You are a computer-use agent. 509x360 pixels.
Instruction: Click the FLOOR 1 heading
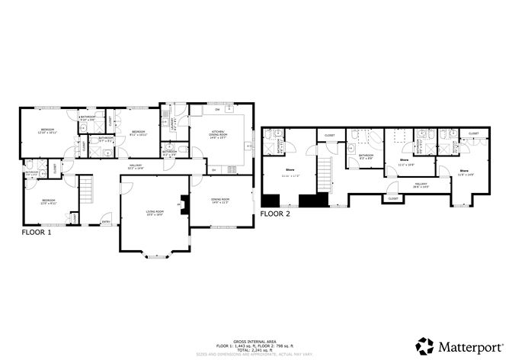click(37, 233)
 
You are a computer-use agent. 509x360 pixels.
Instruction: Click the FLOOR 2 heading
click(277, 214)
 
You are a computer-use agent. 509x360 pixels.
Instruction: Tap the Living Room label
click(155, 213)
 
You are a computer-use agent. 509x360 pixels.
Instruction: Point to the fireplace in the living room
click(182, 204)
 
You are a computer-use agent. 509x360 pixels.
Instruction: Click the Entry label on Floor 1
click(106, 222)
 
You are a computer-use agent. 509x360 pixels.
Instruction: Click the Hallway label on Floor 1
click(136, 166)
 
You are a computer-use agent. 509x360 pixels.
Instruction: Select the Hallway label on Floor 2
click(421, 185)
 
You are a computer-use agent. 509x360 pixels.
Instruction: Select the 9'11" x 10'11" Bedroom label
click(138, 133)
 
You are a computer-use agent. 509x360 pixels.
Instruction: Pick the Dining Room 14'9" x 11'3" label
click(221, 201)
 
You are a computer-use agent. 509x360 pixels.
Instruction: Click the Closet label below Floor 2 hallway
click(393, 198)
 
